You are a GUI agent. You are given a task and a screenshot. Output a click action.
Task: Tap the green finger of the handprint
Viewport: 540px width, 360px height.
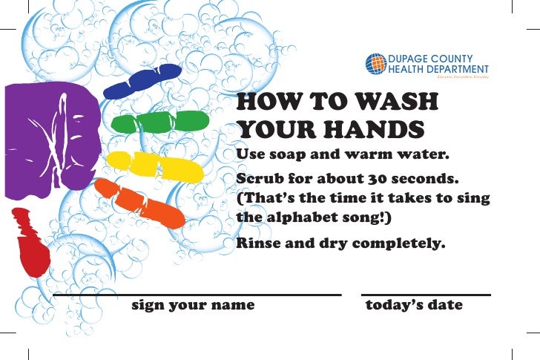pos(160,121)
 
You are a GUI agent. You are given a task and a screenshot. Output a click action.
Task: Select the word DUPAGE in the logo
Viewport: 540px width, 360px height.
pos(408,59)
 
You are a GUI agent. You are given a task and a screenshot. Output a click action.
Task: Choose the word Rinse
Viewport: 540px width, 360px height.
pos(257,242)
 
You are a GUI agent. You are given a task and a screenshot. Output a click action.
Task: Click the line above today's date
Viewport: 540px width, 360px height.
pos(426,295)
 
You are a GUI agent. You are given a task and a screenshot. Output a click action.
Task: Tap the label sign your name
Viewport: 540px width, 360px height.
pos(193,305)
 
